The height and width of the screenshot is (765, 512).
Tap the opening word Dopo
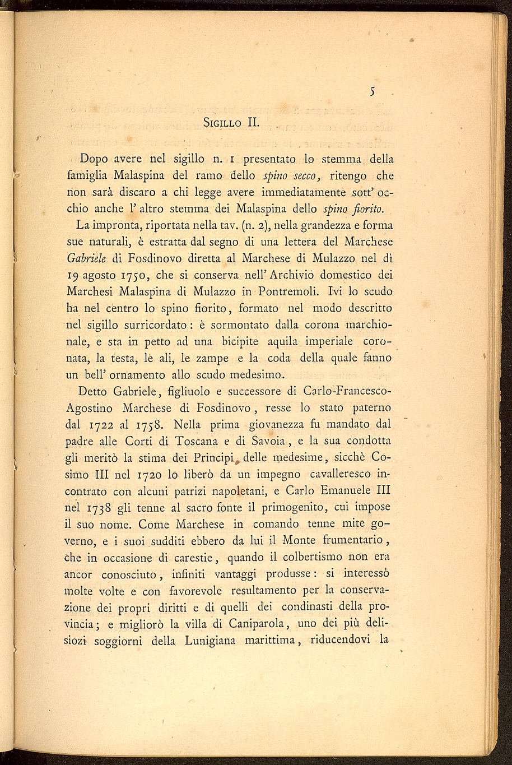click(96, 159)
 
